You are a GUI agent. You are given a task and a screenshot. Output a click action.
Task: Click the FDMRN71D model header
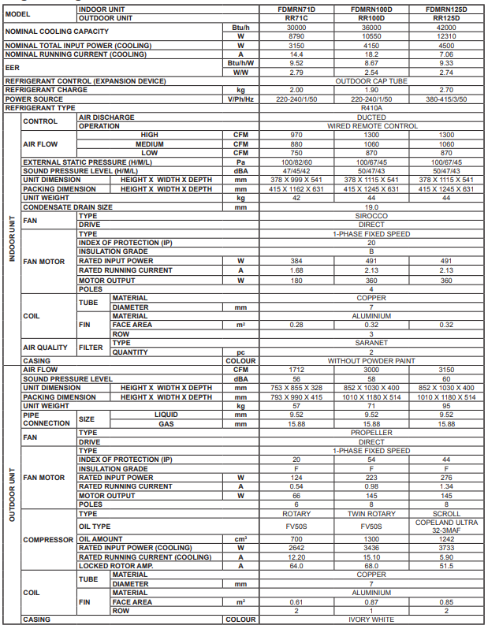point(296,9)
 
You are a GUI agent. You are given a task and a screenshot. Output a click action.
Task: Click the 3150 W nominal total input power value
point(296,46)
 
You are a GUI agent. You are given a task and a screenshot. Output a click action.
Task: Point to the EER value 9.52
point(296,63)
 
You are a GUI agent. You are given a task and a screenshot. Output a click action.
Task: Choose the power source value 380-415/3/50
point(446,99)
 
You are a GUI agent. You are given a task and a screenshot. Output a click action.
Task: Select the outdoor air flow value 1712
point(296,369)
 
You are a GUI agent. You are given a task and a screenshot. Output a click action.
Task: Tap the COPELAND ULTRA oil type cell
point(446,527)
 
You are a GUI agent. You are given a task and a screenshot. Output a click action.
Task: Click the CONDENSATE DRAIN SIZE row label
point(68,207)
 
